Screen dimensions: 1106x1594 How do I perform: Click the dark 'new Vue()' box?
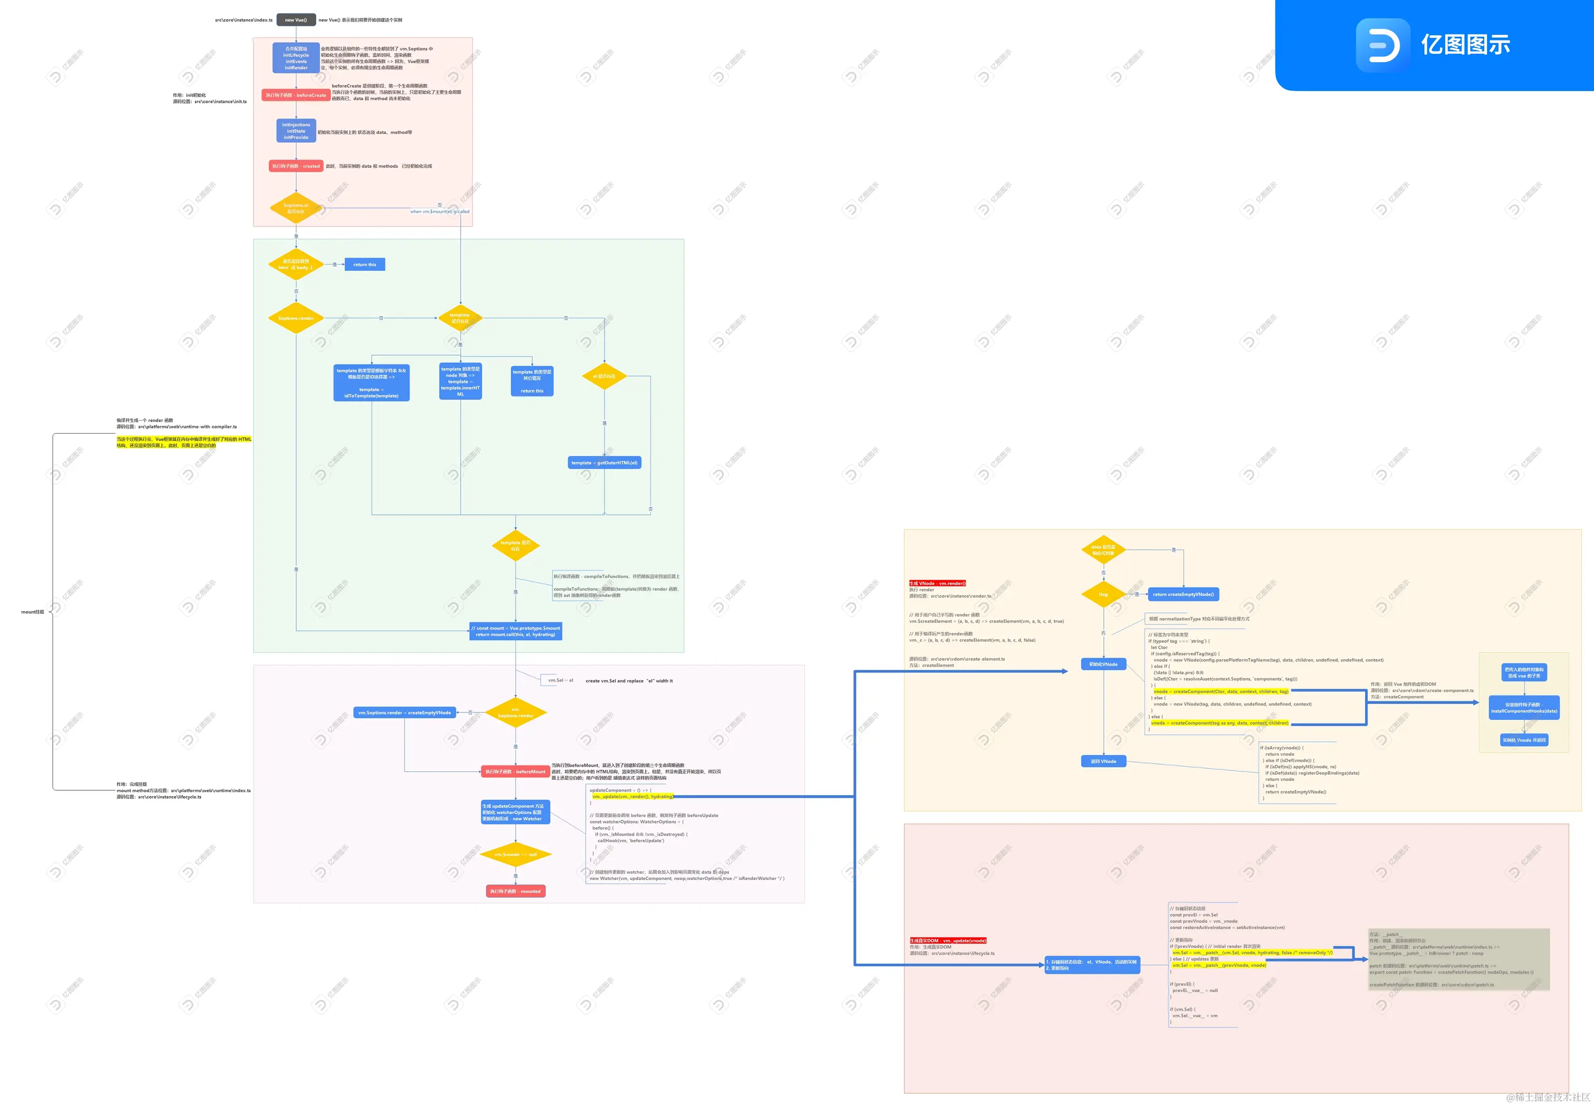296,19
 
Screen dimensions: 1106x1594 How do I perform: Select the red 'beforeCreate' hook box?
296,95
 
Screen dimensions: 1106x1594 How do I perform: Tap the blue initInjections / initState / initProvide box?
296,131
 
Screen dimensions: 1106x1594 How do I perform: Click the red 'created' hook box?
296,167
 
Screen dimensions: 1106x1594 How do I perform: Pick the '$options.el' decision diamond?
296,208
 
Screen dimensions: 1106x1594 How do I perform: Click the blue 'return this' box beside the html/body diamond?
365,265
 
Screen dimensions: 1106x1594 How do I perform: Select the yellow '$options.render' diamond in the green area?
296,318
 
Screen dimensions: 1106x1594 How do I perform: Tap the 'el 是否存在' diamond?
604,376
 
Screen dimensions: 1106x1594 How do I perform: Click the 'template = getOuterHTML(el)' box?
604,463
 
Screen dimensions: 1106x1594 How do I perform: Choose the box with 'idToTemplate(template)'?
372,383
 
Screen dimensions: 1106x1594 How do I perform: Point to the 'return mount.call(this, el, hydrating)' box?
516,631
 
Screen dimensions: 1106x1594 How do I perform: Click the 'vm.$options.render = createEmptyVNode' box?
405,712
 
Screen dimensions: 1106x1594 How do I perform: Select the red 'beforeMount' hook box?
516,771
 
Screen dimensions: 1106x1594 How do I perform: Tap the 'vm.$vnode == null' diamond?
516,855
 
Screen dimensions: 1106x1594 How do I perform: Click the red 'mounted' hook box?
516,891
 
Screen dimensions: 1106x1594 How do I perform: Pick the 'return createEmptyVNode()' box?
1183,594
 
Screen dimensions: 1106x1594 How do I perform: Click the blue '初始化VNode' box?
1103,664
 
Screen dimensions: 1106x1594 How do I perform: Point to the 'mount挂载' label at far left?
33,612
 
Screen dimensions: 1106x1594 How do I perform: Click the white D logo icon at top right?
1383,46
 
